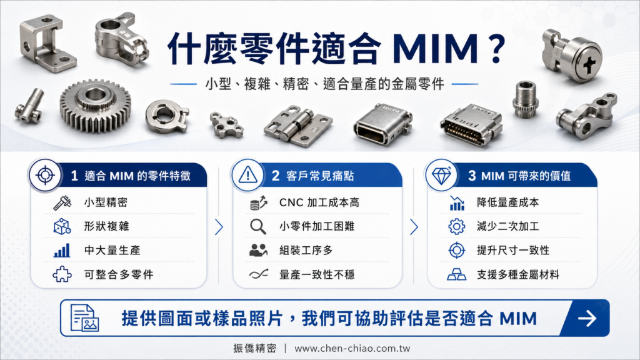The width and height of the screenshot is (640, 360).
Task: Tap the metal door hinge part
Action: [298, 126]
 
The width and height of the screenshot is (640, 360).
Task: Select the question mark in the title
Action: [496, 48]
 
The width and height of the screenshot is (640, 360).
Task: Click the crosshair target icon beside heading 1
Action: [45, 176]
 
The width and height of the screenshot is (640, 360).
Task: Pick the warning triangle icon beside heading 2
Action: [247, 176]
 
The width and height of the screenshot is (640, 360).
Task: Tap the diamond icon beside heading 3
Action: [441, 176]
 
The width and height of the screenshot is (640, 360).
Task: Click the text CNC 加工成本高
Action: [319, 202]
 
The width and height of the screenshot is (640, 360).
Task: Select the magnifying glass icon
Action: [258, 226]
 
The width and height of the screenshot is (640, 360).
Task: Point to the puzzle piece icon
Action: [62, 274]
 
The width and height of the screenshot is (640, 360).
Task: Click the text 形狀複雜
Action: [106, 226]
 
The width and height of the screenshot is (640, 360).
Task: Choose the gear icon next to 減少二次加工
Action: [456, 226]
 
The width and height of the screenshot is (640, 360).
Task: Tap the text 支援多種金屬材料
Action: [518, 275]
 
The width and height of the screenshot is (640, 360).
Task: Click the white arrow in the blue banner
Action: [587, 318]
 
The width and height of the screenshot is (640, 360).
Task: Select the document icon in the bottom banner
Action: [84, 317]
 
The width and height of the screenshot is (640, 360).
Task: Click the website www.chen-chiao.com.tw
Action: [352, 349]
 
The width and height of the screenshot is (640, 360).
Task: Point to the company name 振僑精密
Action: [255, 348]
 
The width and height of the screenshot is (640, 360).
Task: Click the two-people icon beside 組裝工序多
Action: [258, 250]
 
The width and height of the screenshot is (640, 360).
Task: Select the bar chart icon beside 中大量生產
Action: [62, 250]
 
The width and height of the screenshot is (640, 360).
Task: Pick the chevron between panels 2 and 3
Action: [414, 227]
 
